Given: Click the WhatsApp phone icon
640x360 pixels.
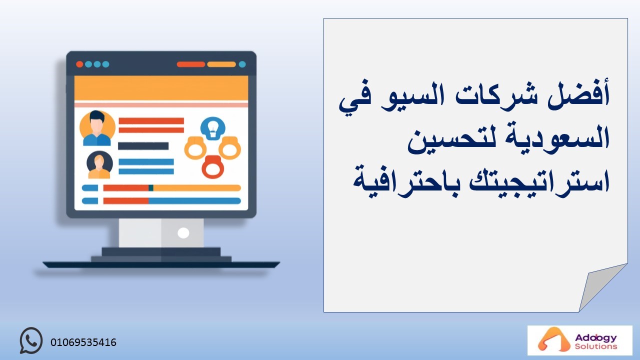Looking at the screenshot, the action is pyautogui.click(x=31, y=340).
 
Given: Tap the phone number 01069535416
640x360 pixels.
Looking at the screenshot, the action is pyautogui.click(x=83, y=342).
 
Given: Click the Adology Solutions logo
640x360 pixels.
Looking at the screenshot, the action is pyautogui.click(x=579, y=340).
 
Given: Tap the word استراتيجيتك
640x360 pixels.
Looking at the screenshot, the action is pyautogui.click(x=539, y=181).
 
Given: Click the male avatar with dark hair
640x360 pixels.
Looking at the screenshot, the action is pyautogui.click(x=97, y=128).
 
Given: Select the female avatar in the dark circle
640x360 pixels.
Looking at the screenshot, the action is pyautogui.click(x=99, y=165).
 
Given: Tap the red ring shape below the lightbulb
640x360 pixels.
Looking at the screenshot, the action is pyautogui.click(x=213, y=167).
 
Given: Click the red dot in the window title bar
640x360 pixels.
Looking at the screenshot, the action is pyautogui.click(x=79, y=64).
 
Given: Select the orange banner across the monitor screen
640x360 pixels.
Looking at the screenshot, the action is pyautogui.click(x=161, y=88).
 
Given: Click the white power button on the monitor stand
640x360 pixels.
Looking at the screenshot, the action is pyautogui.click(x=183, y=233).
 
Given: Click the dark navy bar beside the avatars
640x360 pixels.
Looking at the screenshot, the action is pyautogui.click(x=143, y=146).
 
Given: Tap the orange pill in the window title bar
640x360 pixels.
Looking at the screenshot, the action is pyautogui.click(x=221, y=64).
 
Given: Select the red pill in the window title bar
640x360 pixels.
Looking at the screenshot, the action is pyautogui.click(x=191, y=64).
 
